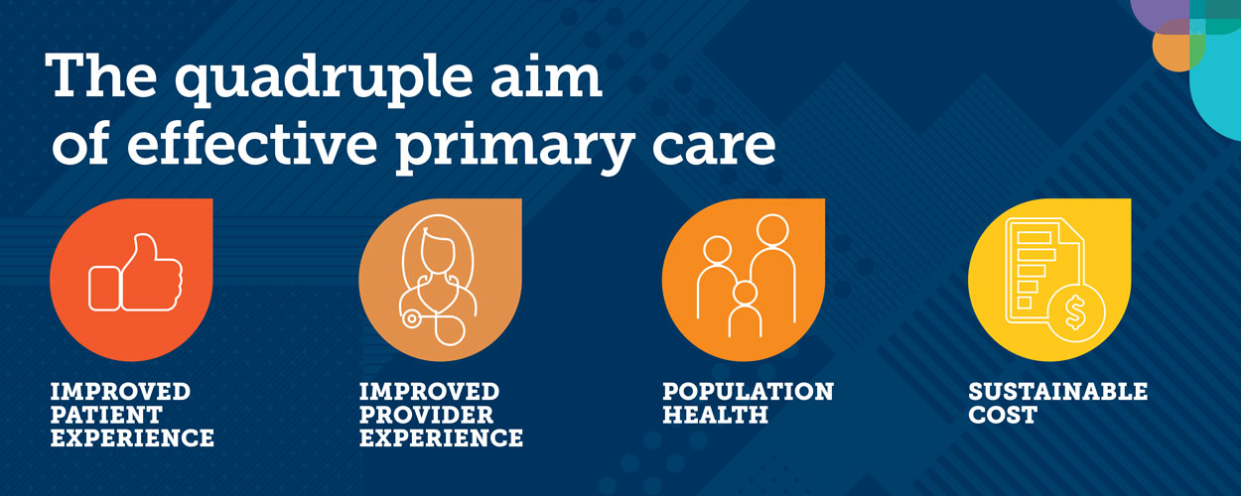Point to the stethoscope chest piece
coord(409,318)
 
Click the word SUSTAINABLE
coord(1057,391)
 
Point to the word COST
coord(1002,415)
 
